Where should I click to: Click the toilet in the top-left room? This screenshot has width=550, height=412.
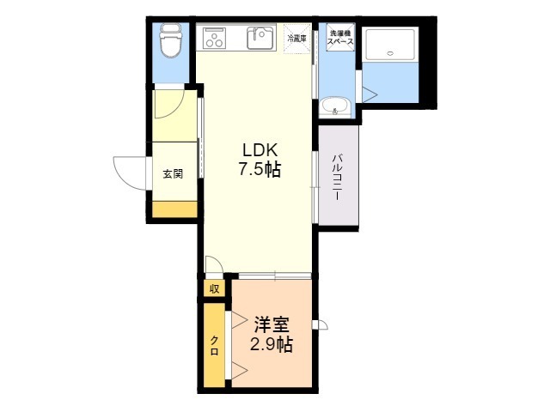(x=169, y=40)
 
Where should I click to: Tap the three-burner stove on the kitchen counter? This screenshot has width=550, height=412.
(x=212, y=38)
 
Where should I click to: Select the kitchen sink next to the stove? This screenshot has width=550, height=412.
(x=259, y=37)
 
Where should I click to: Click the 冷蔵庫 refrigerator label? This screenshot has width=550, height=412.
(x=297, y=39)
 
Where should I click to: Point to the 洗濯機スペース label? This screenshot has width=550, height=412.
(x=340, y=37)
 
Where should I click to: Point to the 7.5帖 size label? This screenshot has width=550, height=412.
(x=258, y=169)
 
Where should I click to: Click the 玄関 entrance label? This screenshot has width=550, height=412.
(x=173, y=173)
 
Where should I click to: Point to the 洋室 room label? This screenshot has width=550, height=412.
(x=271, y=325)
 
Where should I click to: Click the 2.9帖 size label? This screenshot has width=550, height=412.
(x=271, y=346)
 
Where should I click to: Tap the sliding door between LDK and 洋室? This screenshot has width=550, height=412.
(x=274, y=276)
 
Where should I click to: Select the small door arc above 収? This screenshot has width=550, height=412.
(x=213, y=266)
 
